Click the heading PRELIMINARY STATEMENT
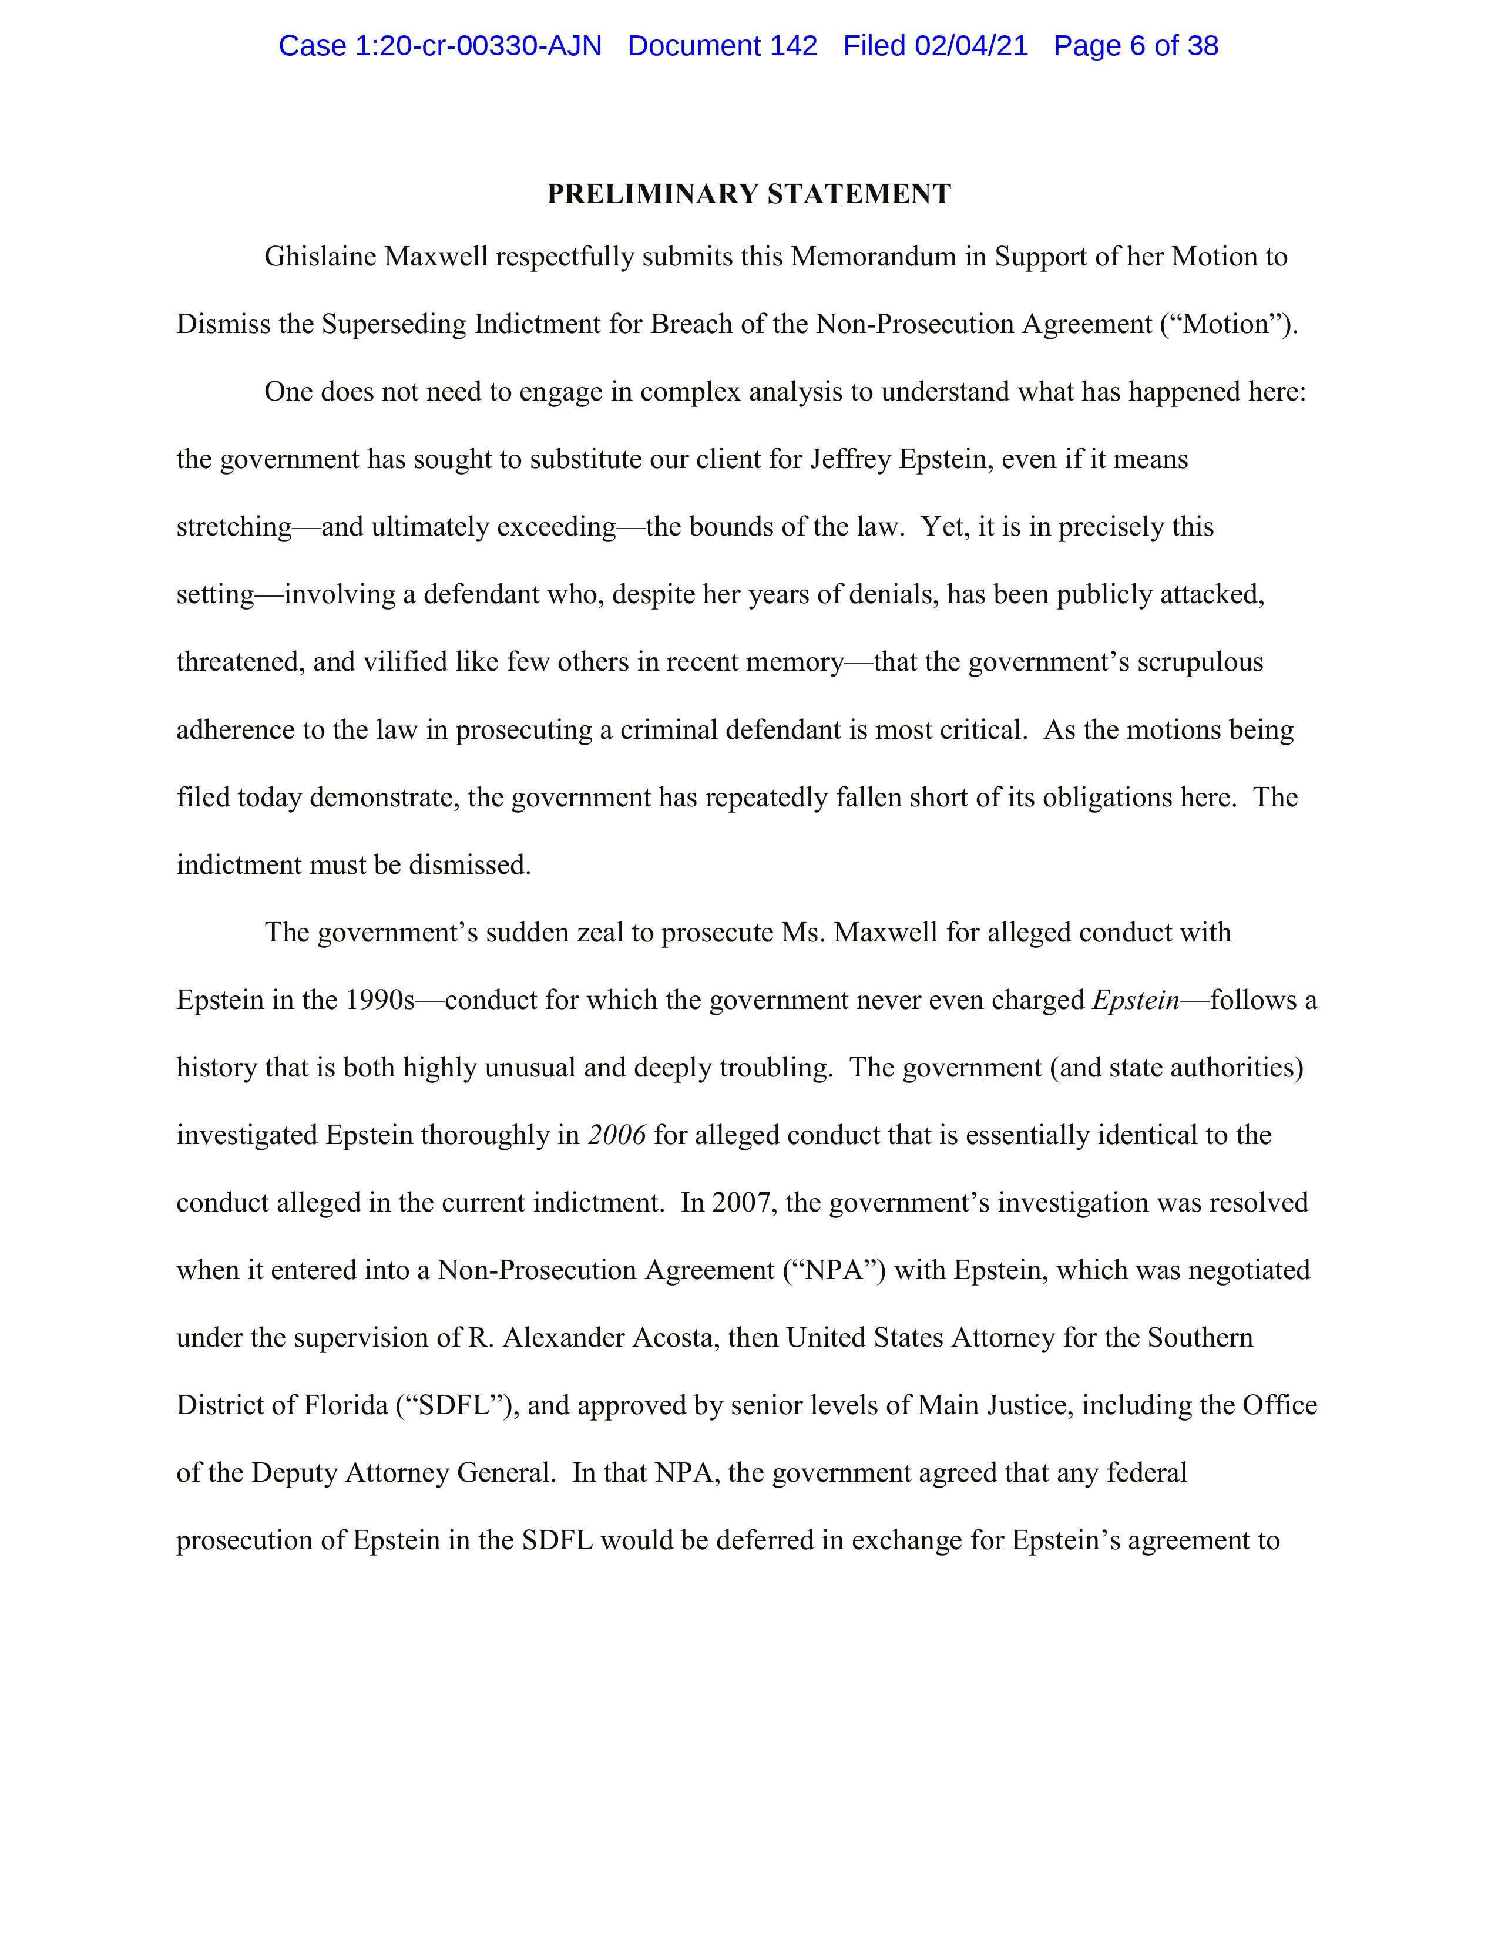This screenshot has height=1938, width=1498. [x=748, y=194]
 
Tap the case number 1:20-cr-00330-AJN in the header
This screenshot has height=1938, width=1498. [x=478, y=46]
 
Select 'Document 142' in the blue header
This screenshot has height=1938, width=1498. [x=723, y=46]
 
